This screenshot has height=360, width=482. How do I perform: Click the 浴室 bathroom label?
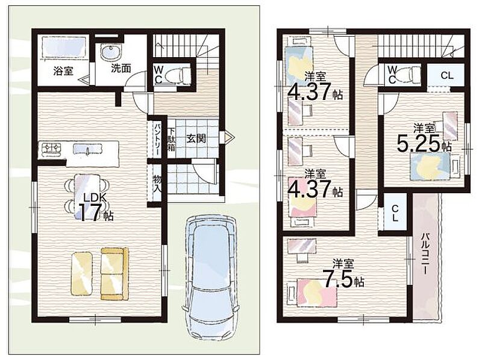pos(63,71)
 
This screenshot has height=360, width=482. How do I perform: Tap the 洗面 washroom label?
pos(121,68)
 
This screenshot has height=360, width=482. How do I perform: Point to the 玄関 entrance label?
pos(196,139)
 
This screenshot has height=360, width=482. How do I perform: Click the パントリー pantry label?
pos(157,140)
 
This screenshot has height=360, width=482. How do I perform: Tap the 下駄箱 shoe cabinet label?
pos(171,139)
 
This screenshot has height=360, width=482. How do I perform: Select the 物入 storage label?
pos(157,184)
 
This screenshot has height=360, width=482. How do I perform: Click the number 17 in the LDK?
pos(90,213)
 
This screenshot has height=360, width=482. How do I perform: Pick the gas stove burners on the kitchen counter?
pos(51,148)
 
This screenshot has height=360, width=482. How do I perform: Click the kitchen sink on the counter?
pos(87,149)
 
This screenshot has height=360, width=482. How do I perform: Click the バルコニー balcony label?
pos(425,253)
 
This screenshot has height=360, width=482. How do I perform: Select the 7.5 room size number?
pos(337,279)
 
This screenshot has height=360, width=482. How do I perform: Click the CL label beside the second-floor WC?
pos(447,75)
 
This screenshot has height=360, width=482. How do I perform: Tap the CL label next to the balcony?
pos(395,214)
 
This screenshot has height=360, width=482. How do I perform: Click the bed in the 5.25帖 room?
pos(431,167)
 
